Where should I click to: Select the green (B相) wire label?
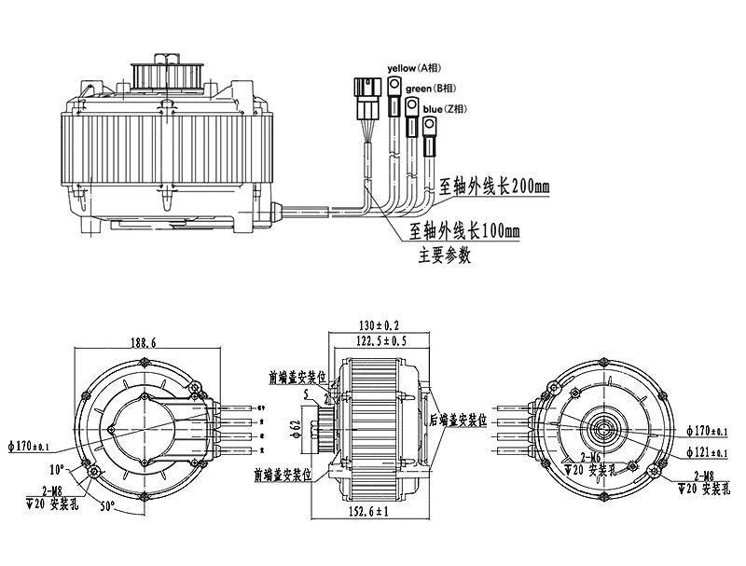(x=432, y=88)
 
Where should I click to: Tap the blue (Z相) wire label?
(x=447, y=109)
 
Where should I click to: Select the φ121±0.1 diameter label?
(x=707, y=452)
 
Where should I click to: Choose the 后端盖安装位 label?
(x=458, y=420)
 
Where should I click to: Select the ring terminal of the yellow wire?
(x=394, y=90)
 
